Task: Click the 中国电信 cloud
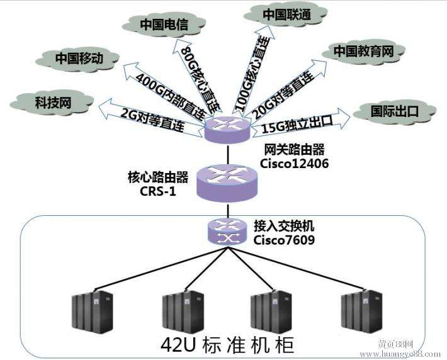[x=164, y=25]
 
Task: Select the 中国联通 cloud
[x=286, y=15]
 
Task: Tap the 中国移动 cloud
[x=77, y=59]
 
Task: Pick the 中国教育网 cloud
[x=363, y=52]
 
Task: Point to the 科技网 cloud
[x=52, y=103]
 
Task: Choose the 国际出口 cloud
[x=395, y=111]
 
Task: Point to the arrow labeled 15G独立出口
[x=300, y=123]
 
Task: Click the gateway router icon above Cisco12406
[x=227, y=129]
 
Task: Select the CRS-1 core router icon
[x=227, y=183]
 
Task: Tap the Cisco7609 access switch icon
[x=227, y=231]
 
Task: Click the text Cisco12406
[x=294, y=164]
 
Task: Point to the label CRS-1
[x=158, y=191]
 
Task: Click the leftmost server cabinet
[x=93, y=312]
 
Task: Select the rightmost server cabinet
[x=362, y=312]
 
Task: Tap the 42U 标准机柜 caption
[x=227, y=346]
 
